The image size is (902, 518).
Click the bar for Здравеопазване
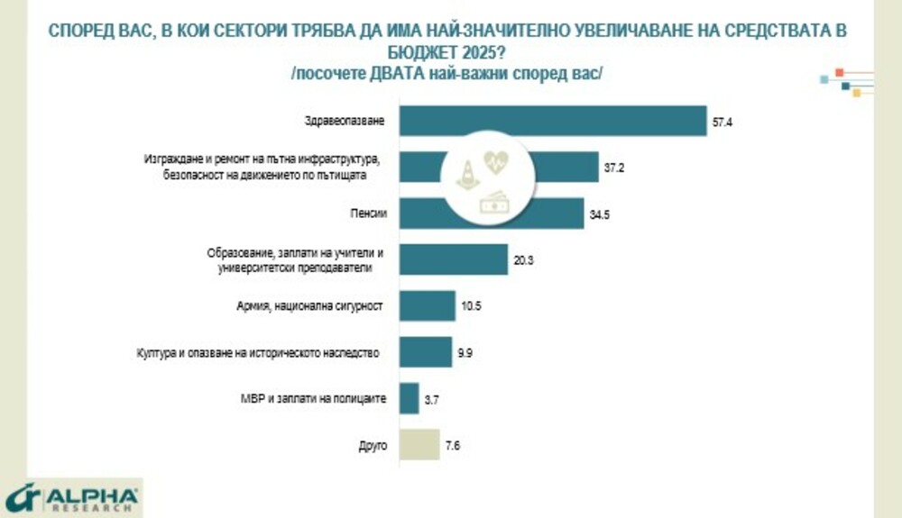(x=552, y=121)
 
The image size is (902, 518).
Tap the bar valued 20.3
(x=452, y=259)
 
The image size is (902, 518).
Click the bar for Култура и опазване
(x=425, y=352)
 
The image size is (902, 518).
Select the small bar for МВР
(x=409, y=398)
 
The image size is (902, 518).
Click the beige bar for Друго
(x=419, y=444)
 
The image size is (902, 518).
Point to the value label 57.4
(x=723, y=122)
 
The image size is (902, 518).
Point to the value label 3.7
(x=432, y=398)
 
